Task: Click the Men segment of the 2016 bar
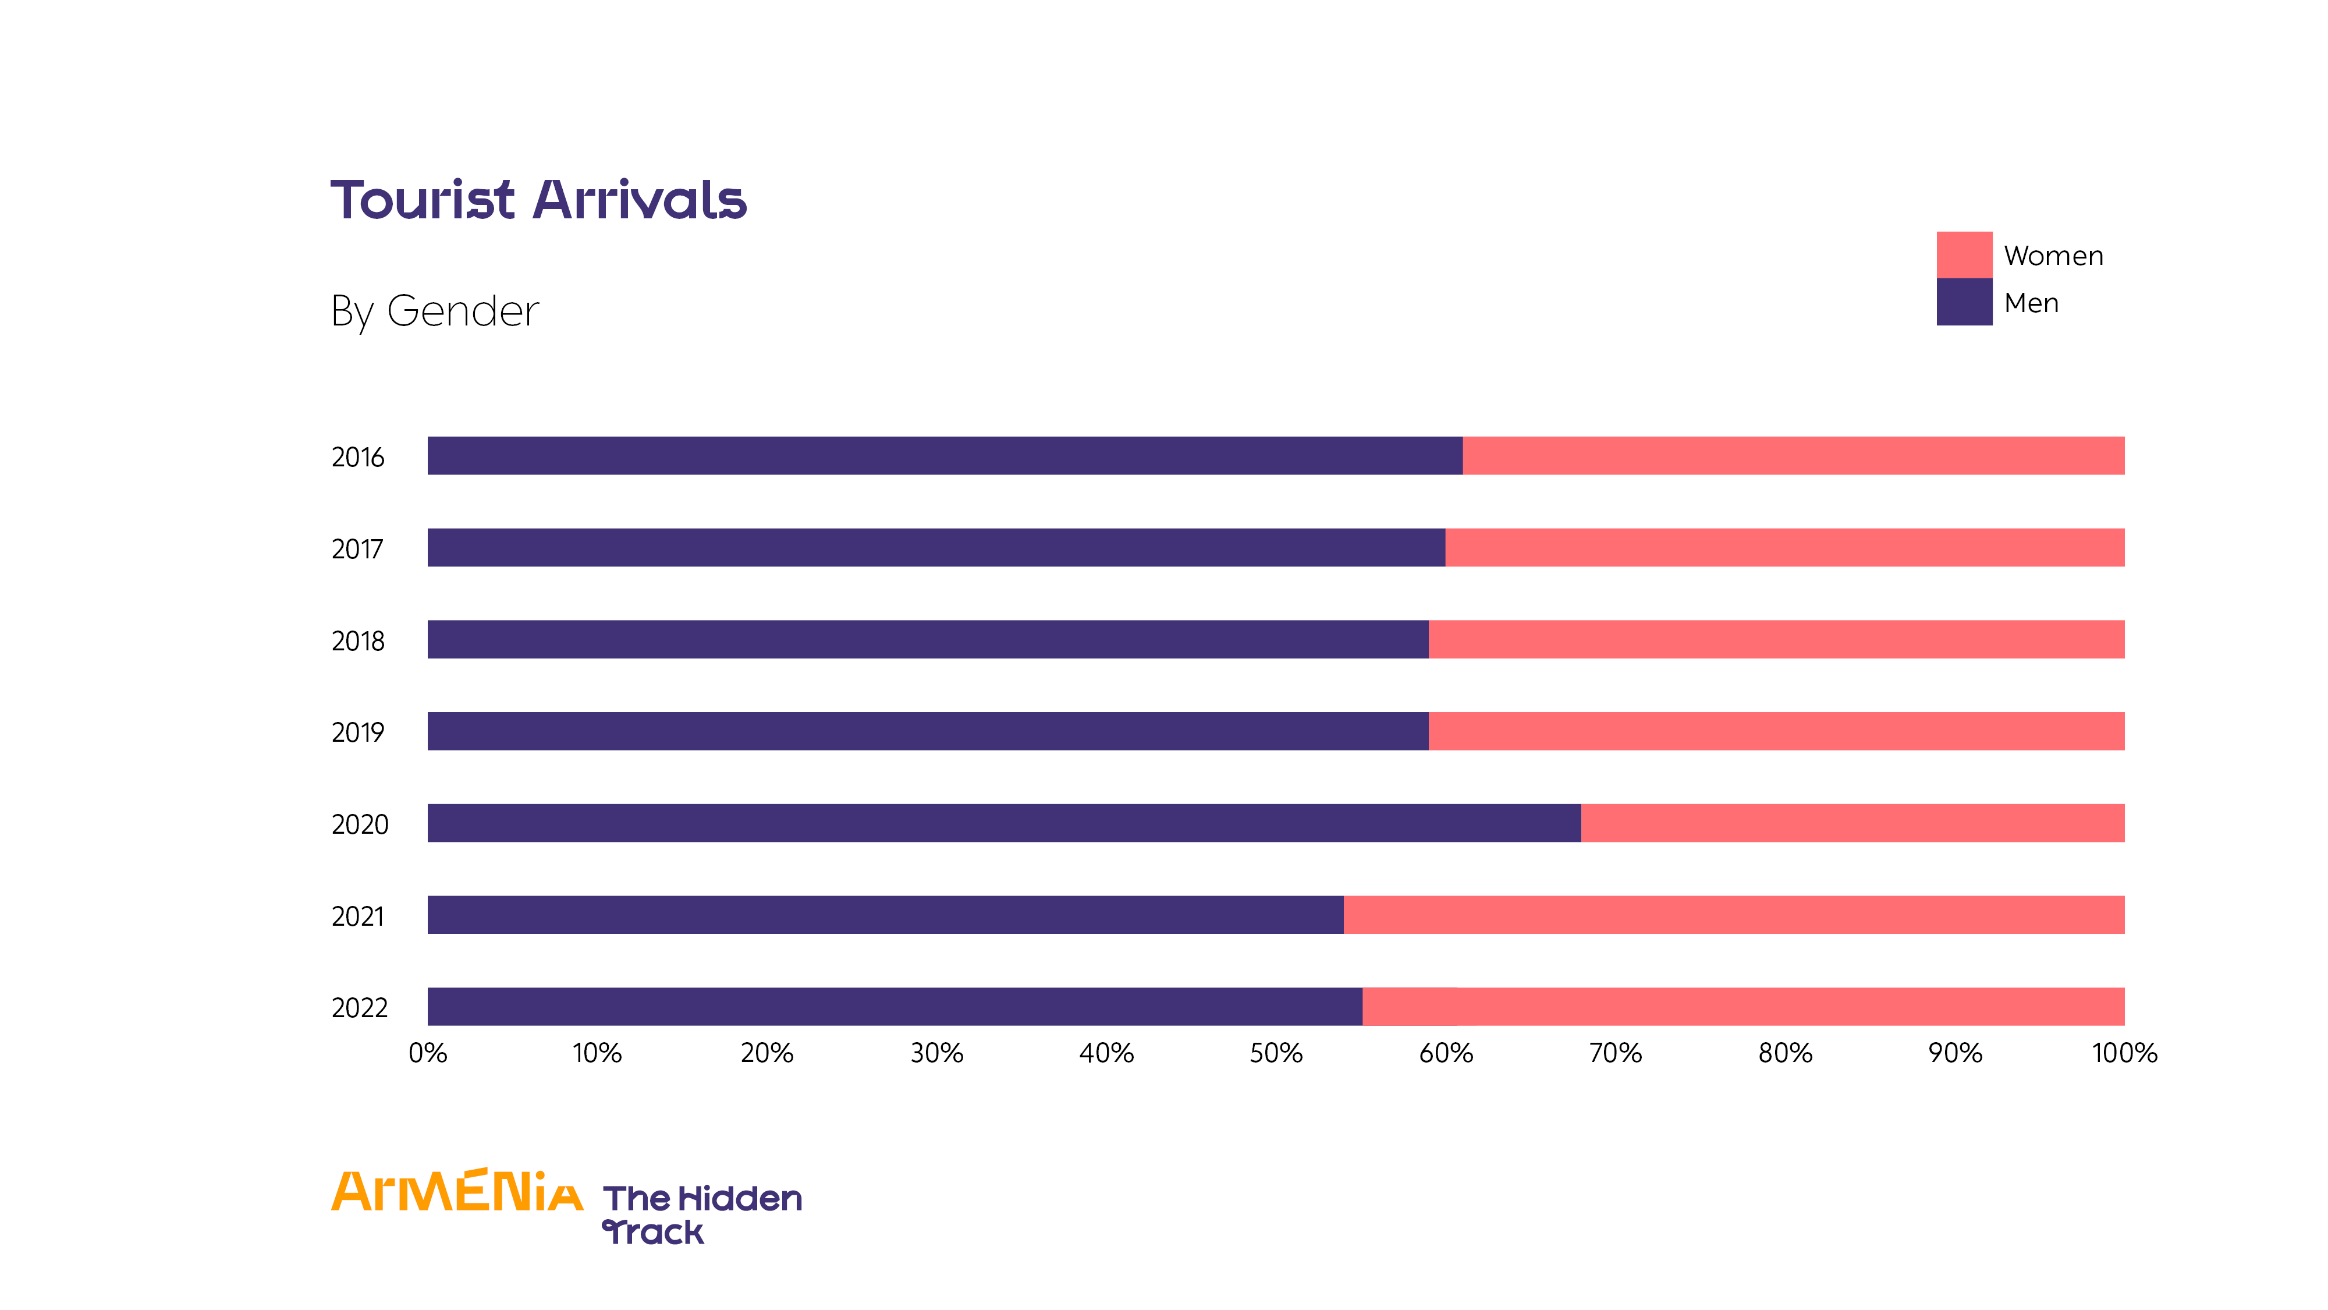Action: point(945,456)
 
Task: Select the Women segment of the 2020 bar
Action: point(1853,823)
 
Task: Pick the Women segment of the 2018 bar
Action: point(1776,639)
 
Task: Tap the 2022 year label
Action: point(359,1007)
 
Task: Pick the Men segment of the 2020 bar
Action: point(1004,823)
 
